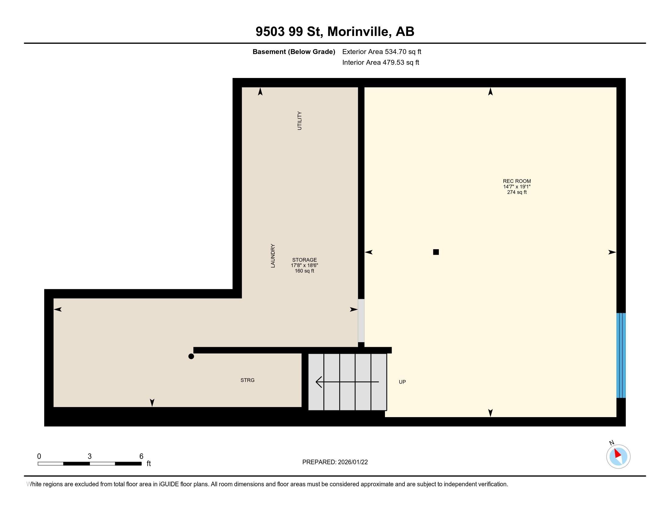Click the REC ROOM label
(517, 181)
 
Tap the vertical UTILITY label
(299, 121)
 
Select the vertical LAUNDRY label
(273, 256)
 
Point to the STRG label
(247, 380)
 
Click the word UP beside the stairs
(402, 382)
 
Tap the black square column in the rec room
(435, 252)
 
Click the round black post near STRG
(191, 356)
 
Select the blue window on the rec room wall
(621, 355)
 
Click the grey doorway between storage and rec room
(361, 320)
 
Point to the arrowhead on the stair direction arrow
(319, 382)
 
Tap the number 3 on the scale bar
(90, 456)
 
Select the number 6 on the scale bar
(141, 456)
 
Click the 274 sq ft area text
(517, 192)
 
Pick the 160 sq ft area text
(304, 271)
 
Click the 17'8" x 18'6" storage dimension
(304, 265)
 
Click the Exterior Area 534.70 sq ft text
(382, 51)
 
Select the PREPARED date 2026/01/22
(352, 462)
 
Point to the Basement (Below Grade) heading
(294, 52)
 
